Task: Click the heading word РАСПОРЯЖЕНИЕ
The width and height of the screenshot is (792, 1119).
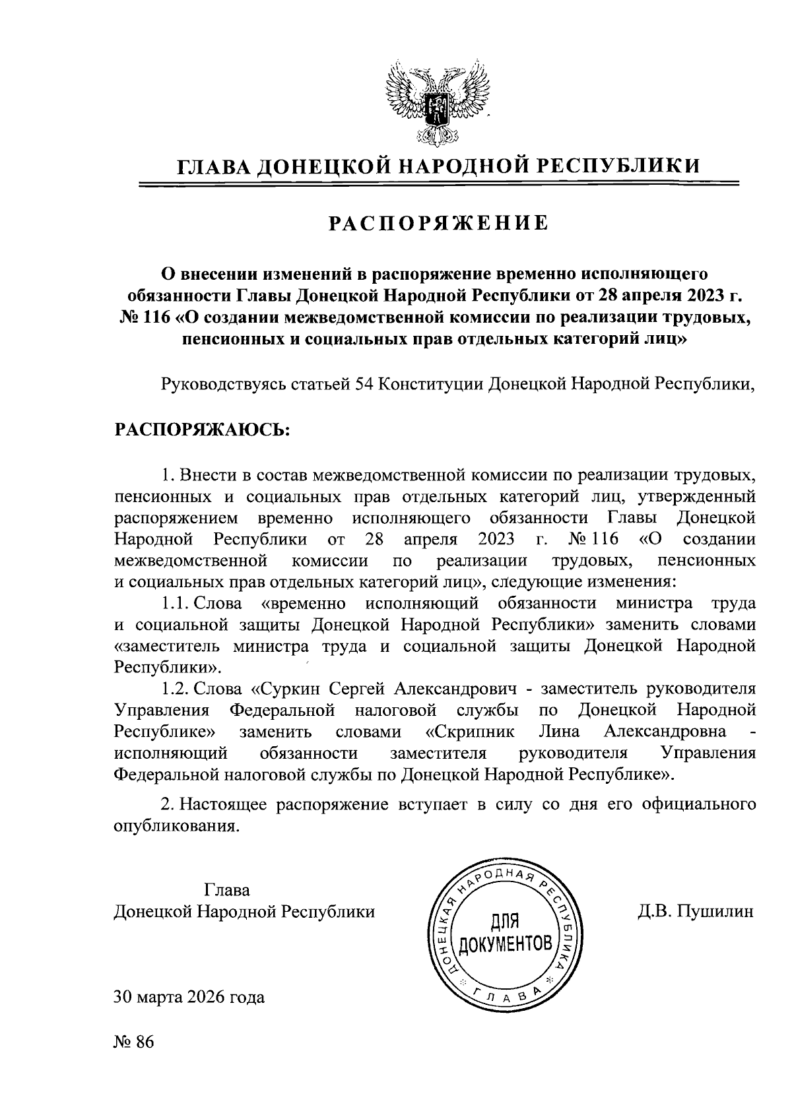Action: (x=438, y=224)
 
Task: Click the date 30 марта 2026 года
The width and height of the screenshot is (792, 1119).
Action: (x=189, y=996)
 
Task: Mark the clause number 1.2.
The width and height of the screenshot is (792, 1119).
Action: (x=175, y=689)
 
